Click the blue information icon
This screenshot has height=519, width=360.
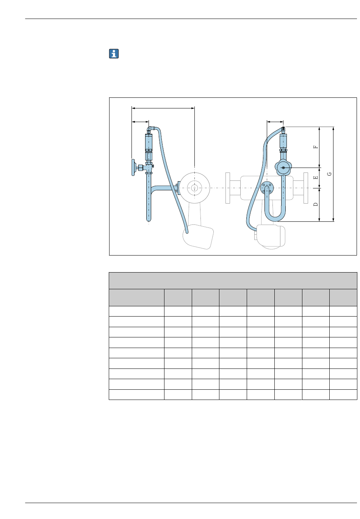click(x=114, y=53)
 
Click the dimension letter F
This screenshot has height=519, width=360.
click(x=316, y=147)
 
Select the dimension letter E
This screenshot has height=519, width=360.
click(x=316, y=177)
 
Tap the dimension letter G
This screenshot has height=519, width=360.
click(x=329, y=174)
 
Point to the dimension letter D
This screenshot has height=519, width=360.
click(x=316, y=204)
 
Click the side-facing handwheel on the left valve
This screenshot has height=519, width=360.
click(x=133, y=167)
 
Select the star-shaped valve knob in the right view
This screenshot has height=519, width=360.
click(x=283, y=167)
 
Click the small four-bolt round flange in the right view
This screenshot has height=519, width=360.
click(x=267, y=188)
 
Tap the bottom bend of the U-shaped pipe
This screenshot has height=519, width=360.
click(x=275, y=218)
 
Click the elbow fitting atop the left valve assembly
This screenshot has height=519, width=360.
click(x=150, y=129)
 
